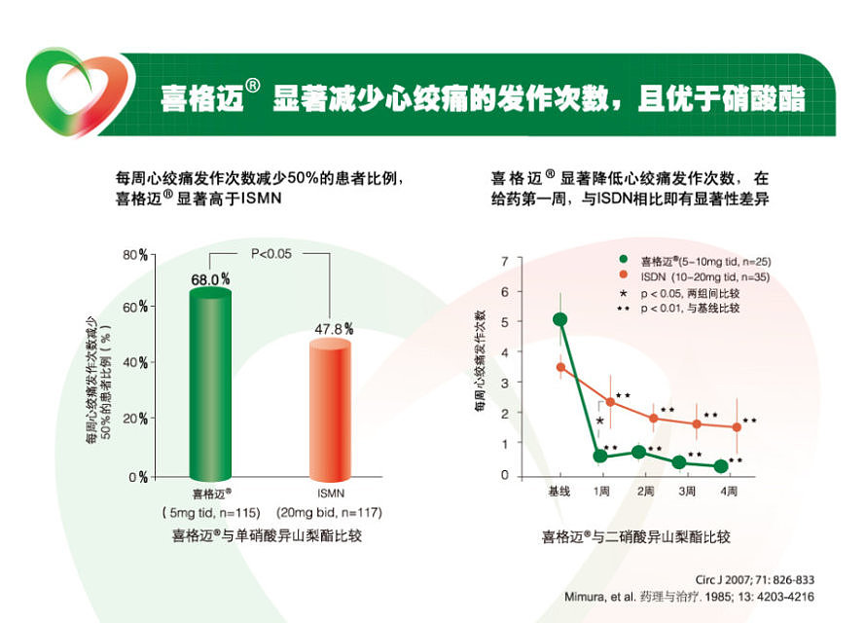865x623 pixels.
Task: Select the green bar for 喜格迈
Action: (210, 385)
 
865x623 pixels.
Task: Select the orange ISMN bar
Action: (332, 409)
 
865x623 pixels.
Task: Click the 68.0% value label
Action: (210, 279)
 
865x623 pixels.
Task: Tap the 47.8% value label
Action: (333, 329)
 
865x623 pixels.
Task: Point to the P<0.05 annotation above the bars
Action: (271, 254)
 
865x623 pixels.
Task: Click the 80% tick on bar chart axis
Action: (135, 255)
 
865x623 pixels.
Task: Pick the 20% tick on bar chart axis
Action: (135, 419)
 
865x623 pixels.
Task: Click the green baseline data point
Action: (560, 319)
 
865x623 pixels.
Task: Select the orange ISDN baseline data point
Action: (560, 367)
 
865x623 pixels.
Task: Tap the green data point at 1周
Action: (600, 456)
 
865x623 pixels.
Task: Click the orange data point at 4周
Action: (737, 426)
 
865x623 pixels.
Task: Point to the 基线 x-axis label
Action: (560, 493)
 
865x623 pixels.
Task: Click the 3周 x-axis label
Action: (687, 493)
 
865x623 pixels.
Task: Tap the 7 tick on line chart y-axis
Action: (505, 261)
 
